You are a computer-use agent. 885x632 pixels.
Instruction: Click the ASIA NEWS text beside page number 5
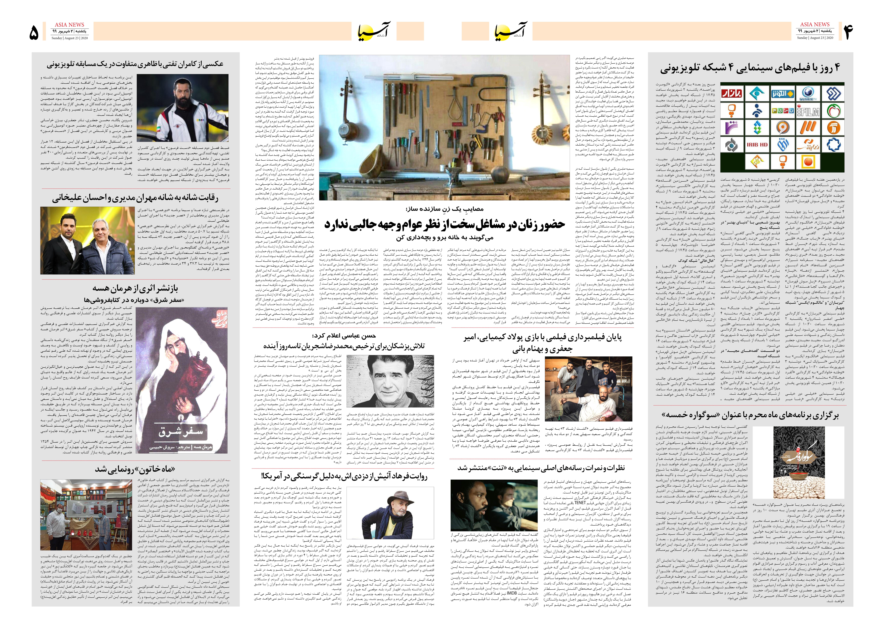[69, 25]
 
